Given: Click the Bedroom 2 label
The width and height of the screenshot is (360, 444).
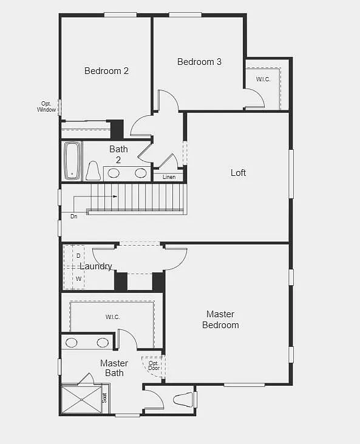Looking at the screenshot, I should point(106,71).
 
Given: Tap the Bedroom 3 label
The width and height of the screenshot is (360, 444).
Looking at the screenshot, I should point(199,62).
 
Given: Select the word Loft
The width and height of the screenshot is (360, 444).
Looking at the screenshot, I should point(239,173).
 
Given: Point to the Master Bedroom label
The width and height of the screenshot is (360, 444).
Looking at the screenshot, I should point(220,320).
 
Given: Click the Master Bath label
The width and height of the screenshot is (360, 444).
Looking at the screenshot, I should point(114,368).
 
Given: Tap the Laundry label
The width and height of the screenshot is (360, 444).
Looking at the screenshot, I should point(96,266).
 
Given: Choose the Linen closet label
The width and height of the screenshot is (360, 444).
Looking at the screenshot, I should point(169,177).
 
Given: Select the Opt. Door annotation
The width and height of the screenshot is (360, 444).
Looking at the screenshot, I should point(154,366).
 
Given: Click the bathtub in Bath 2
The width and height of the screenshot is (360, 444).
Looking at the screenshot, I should point(72,161).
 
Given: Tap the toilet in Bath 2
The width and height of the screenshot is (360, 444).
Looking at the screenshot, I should point(92,171).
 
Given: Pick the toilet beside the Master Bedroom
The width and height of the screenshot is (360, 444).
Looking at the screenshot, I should point(183,400).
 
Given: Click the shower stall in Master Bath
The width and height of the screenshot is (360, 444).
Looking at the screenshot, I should point(81,399).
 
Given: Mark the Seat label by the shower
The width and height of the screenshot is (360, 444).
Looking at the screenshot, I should point(104,398).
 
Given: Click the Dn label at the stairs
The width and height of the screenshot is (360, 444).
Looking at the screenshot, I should point(73,216).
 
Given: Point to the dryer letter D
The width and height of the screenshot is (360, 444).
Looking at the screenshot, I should point(78,256).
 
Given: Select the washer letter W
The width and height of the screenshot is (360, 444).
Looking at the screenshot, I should point(78,279).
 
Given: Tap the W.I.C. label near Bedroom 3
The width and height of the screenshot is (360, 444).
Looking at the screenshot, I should point(263,79).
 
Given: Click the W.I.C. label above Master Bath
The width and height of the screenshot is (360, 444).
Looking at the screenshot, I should point(112,317).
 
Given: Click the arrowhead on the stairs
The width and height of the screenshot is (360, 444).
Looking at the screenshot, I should point(115,197).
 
